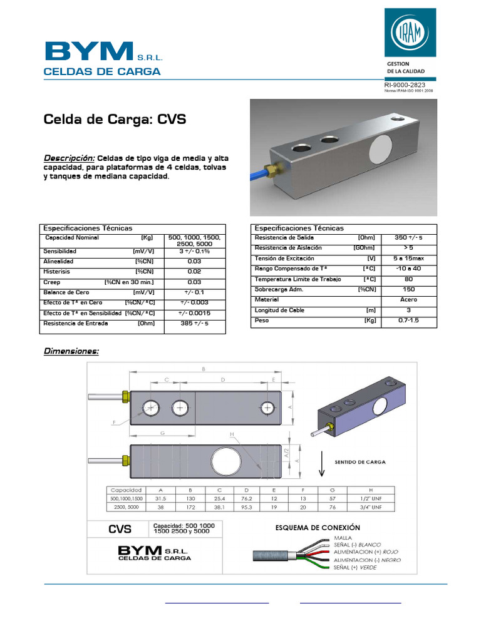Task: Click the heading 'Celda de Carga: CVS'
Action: point(114,120)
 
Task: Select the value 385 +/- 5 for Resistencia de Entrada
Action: point(194,324)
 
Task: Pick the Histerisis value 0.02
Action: point(194,272)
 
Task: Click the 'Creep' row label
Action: point(51,282)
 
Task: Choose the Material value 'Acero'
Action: point(408,300)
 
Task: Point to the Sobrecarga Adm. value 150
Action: point(408,290)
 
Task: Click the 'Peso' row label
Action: point(261,320)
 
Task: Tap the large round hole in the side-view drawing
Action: point(224,459)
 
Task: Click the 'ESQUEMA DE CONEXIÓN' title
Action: point(318,528)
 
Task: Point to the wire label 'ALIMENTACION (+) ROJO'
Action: point(366,552)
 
